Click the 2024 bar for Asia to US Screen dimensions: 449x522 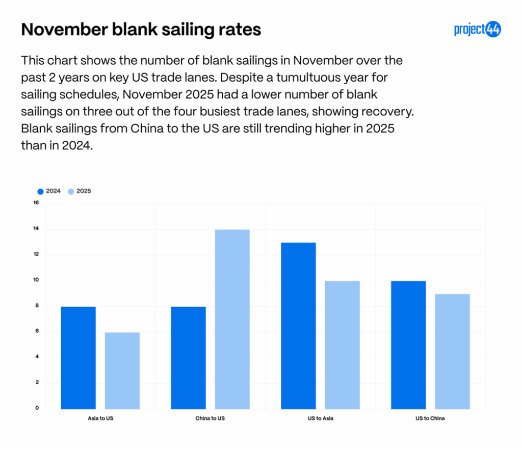point(78,357)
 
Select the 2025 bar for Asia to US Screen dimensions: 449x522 point(122,370)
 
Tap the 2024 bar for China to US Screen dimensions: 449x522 point(188,357)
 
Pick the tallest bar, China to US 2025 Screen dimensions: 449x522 point(232,319)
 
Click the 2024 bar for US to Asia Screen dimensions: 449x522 point(298,326)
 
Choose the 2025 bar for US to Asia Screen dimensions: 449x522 point(342,344)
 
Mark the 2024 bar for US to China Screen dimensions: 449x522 point(408,344)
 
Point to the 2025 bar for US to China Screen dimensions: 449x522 point(452,351)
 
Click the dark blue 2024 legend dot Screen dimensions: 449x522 point(40,191)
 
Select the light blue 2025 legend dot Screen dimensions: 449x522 point(71,191)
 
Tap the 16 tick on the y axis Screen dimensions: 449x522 point(36,203)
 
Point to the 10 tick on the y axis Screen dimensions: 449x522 point(36,281)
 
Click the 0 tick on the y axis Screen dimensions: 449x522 point(37,408)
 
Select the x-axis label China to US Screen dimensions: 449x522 point(210,419)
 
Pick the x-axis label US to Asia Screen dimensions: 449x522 point(320,419)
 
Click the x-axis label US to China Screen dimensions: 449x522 point(430,419)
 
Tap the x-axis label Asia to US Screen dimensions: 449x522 point(100,419)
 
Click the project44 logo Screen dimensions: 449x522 point(477,30)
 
